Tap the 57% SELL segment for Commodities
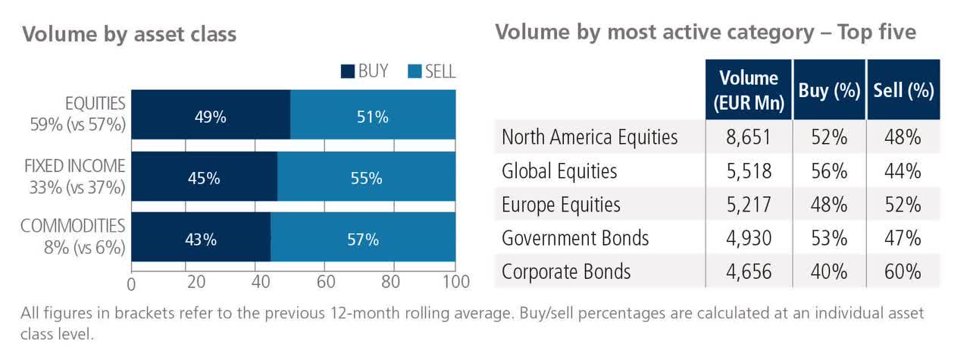pos(363,239)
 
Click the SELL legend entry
pos(432,72)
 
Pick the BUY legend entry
pos(365,72)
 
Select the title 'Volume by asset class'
pos(130,34)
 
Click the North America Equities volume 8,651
pos(748,137)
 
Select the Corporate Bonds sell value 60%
pos(903,271)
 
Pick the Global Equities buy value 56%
pos(828,171)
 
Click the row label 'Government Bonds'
pos(575,238)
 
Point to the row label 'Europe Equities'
pos(561,205)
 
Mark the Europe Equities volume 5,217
pos(748,205)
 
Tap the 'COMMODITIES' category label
pos(73,226)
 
